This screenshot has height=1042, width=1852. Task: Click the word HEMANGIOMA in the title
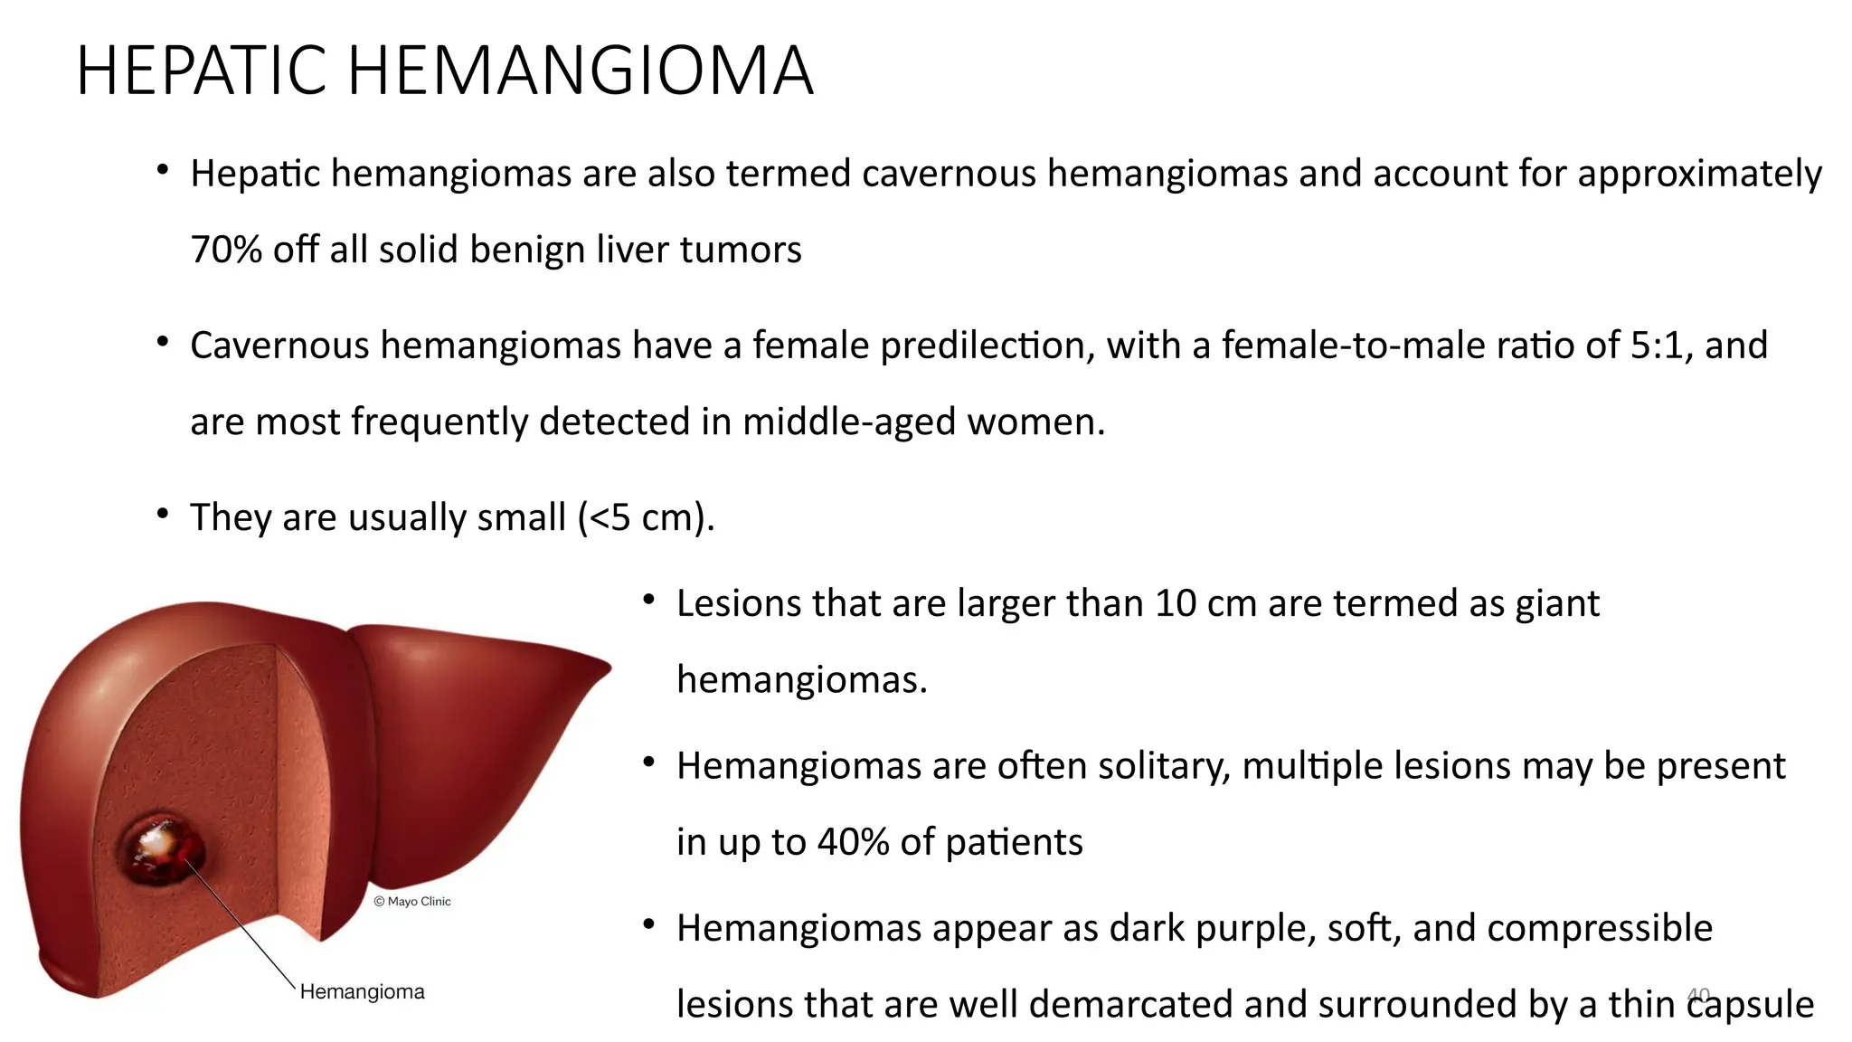pyautogui.click(x=581, y=71)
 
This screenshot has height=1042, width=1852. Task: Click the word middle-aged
pyautogui.click(x=849, y=422)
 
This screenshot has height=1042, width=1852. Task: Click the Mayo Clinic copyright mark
pyautogui.click(x=412, y=901)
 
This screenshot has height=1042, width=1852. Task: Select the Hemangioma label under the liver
pyautogui.click(x=362, y=992)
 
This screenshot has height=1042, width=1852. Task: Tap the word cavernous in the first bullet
pyautogui.click(x=949, y=174)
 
